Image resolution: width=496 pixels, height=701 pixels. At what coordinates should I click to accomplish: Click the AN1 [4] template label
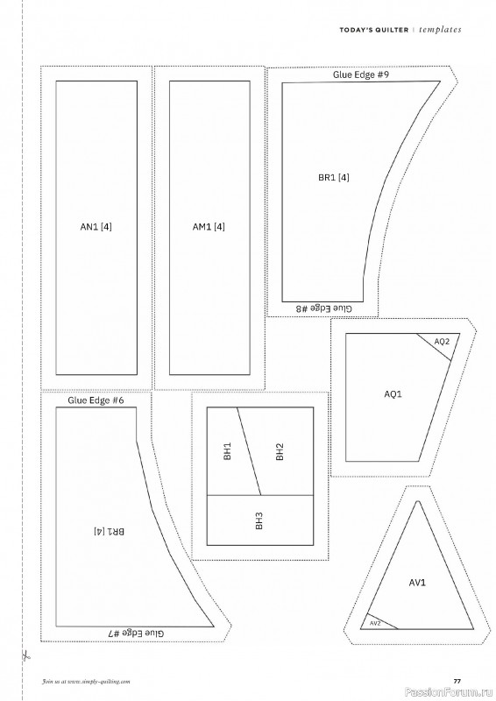[96, 227]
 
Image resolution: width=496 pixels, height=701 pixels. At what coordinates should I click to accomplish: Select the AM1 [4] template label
[209, 227]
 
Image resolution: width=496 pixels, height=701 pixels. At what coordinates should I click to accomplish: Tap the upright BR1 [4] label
[334, 178]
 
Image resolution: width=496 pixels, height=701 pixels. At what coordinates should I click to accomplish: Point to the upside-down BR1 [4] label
[110, 532]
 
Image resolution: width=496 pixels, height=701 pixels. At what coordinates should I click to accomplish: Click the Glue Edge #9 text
[360, 74]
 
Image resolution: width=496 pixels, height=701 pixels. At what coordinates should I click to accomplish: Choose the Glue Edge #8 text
[324, 308]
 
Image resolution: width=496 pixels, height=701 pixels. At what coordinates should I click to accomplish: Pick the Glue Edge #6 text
[96, 400]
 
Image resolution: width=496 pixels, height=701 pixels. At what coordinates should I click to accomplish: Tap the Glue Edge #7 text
[136, 633]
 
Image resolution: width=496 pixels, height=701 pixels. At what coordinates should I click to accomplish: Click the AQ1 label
[393, 393]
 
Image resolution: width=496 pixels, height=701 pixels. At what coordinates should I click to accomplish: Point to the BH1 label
[228, 451]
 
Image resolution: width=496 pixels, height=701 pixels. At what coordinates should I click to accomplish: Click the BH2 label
[280, 451]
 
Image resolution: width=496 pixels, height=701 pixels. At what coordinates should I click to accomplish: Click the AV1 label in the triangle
[417, 583]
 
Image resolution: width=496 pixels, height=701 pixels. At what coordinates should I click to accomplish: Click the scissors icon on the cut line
[25, 656]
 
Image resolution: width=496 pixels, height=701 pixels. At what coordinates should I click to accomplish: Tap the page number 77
[457, 682]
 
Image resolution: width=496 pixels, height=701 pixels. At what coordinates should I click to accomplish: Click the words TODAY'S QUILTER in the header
[374, 30]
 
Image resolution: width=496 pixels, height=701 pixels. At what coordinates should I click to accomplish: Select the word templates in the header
[440, 30]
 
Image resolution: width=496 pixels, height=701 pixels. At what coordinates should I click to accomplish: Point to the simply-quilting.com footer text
[86, 682]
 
